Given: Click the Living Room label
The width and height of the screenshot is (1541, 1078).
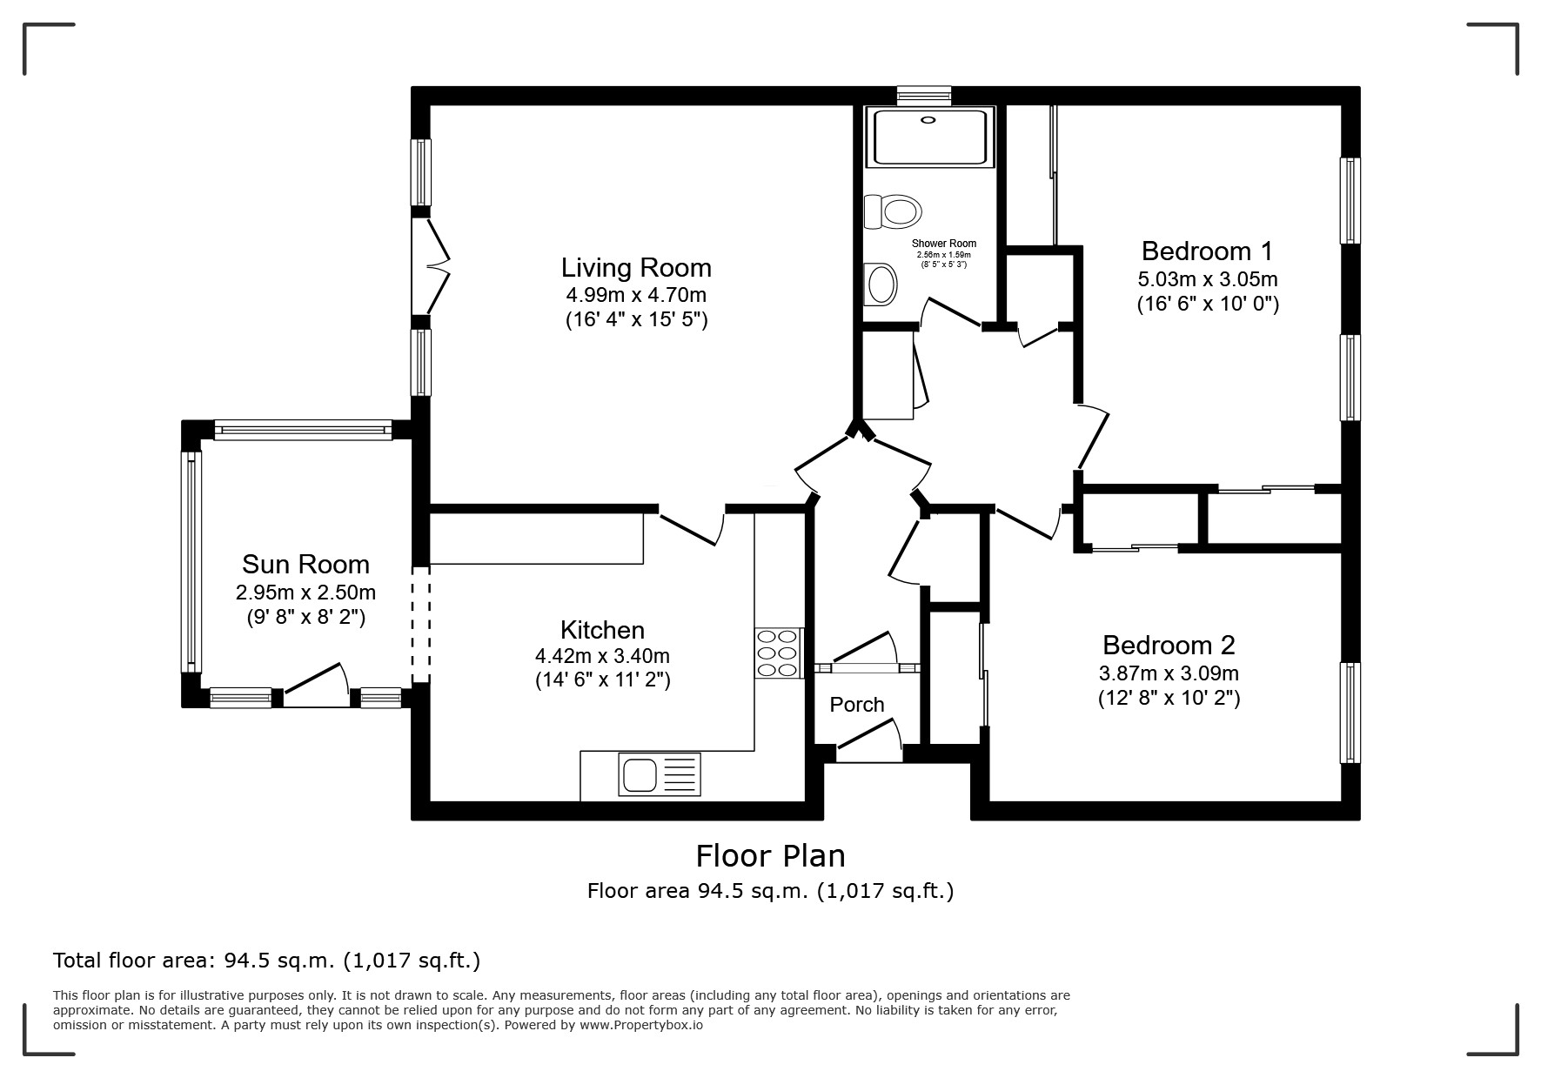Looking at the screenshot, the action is (x=636, y=267).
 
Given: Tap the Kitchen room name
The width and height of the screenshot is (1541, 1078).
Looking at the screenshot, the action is (x=602, y=630).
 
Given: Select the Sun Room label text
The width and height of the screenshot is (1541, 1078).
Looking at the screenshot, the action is (x=305, y=564).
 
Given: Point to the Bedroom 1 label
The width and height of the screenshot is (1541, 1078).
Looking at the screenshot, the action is (x=1207, y=251).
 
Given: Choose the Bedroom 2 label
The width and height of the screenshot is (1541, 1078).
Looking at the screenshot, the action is (x=1169, y=645).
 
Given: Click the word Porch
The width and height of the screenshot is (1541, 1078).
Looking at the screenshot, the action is (x=857, y=705).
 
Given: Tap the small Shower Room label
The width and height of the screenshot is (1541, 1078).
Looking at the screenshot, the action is (x=944, y=244).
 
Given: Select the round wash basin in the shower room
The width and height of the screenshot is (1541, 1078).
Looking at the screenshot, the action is (x=881, y=284).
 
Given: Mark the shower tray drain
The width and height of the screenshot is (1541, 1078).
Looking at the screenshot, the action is (x=929, y=121).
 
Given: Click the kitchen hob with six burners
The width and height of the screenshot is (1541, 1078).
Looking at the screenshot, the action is (x=778, y=653).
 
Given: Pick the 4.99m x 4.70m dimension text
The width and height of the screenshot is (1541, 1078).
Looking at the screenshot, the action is (x=636, y=294).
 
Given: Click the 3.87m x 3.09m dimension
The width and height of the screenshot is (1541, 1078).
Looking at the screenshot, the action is (x=1169, y=673).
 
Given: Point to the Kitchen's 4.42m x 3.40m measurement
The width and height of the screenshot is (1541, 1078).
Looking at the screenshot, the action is (x=602, y=656).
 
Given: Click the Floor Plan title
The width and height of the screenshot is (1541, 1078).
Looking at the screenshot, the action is (x=770, y=856).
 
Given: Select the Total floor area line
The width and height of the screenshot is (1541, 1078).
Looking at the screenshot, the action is (x=267, y=961).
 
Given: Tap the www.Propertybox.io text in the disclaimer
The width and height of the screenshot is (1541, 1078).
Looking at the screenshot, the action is (x=640, y=1025).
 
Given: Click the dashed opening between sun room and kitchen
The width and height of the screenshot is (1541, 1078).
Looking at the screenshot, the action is (x=420, y=625).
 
